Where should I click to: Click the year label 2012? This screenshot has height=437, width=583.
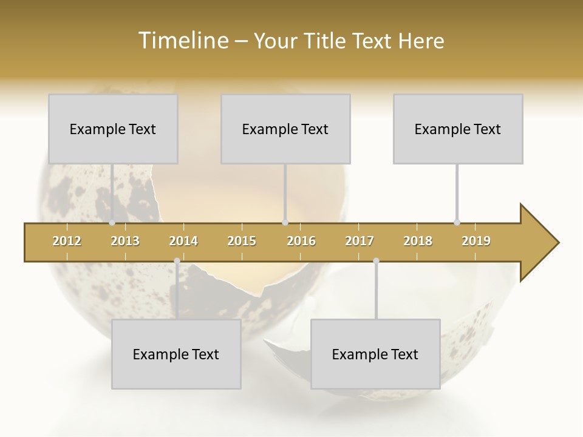click(67, 241)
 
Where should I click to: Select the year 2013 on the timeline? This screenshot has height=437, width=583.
click(125, 241)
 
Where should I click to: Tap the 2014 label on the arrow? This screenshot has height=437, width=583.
click(183, 241)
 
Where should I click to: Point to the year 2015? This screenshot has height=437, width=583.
click(242, 241)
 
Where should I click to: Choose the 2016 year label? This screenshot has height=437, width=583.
click(301, 241)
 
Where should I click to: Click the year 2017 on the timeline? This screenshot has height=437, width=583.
click(360, 241)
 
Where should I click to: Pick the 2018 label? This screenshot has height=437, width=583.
click(418, 241)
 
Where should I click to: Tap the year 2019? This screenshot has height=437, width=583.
click(476, 241)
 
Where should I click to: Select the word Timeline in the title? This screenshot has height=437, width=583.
click(182, 41)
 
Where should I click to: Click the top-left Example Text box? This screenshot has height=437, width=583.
click(113, 129)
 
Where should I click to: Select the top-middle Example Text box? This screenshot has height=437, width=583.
click(285, 129)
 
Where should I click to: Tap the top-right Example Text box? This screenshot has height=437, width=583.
click(458, 129)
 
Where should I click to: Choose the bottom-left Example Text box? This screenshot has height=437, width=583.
click(176, 354)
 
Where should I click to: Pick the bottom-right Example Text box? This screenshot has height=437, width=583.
click(375, 354)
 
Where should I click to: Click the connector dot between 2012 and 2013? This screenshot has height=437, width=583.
click(112, 223)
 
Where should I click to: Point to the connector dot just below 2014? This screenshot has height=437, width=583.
click(177, 261)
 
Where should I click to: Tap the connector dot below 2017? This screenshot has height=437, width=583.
click(376, 261)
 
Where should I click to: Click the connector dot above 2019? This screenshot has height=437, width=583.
click(457, 223)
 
